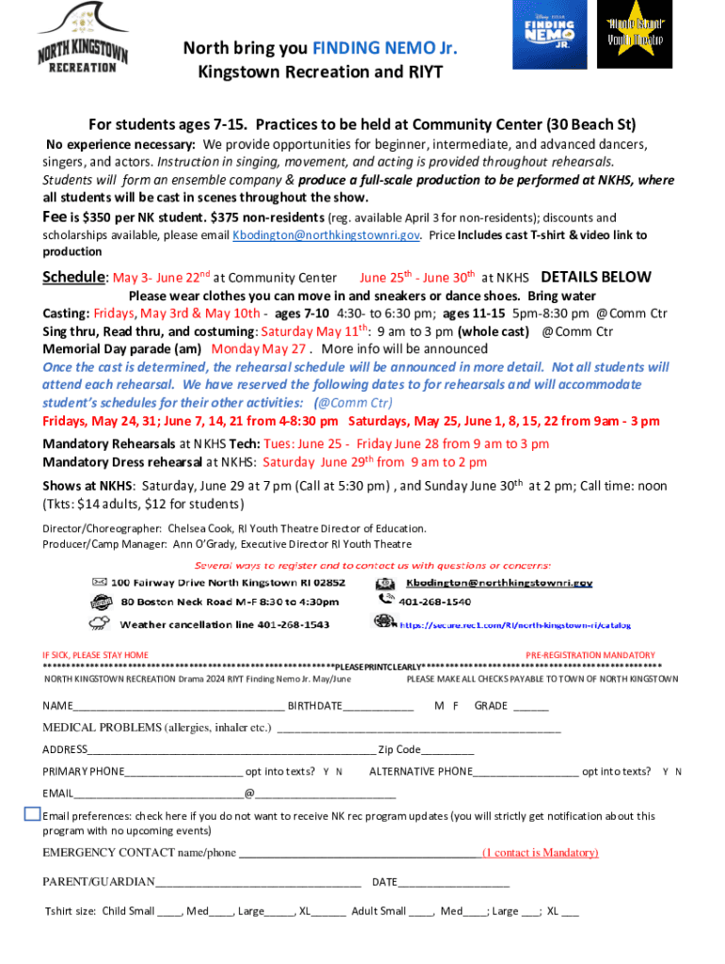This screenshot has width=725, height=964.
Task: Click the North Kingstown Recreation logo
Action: point(83,37)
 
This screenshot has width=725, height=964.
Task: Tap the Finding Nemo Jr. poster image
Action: point(548,35)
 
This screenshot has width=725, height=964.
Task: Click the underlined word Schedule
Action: point(75,278)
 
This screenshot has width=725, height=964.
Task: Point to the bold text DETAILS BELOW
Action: point(596,278)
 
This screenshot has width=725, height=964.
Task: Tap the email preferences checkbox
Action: point(32,814)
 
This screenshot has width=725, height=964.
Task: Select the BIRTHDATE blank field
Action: point(379,707)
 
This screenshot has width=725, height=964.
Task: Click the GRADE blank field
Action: point(531,707)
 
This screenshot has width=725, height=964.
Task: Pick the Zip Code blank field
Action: point(447,751)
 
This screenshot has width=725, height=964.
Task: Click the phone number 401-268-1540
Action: point(436,601)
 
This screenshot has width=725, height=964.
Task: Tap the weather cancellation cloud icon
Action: point(98,623)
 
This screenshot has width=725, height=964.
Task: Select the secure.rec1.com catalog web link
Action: point(515,625)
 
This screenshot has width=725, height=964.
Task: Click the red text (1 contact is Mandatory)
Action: point(540,853)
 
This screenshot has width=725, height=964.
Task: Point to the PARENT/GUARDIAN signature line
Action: point(259,883)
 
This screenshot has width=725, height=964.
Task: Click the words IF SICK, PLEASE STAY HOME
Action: point(95,655)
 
